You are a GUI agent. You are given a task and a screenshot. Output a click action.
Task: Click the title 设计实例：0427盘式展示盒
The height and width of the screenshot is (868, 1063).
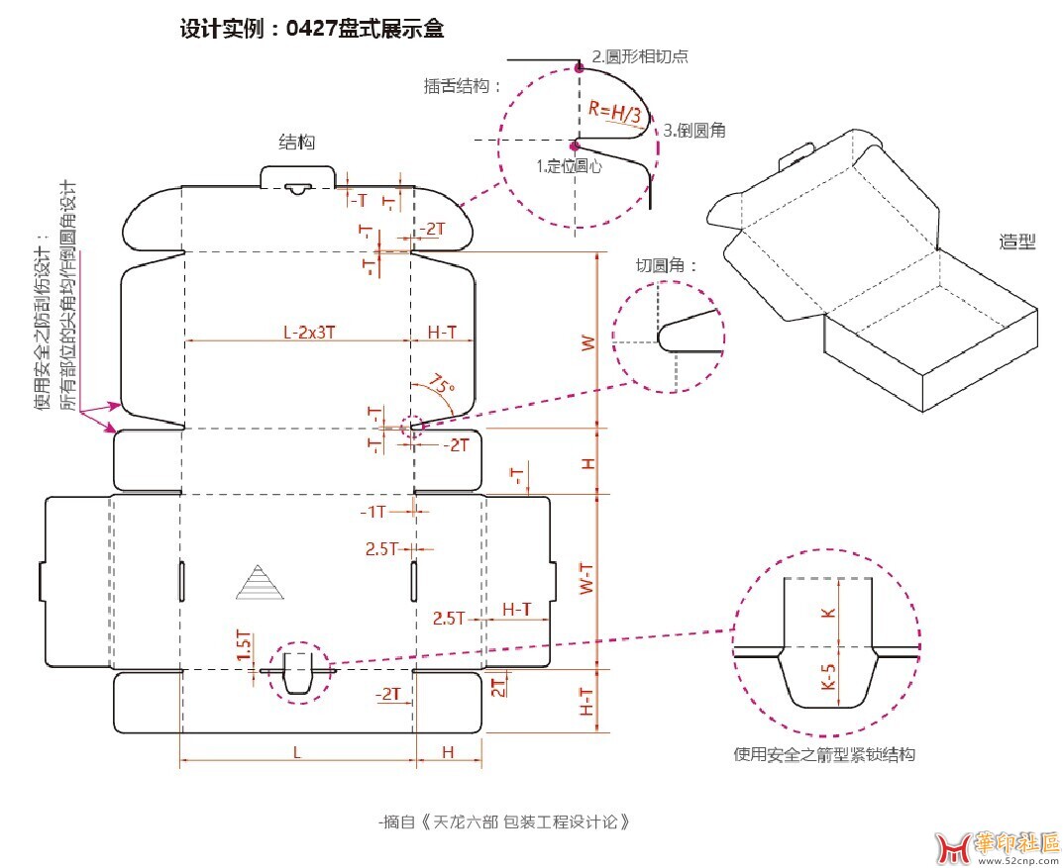coord(311,30)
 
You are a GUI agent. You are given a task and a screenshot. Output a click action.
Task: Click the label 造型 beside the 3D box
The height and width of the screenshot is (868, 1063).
coord(1017,241)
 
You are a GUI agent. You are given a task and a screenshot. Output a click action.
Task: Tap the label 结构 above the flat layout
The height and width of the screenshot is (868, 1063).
coord(296,143)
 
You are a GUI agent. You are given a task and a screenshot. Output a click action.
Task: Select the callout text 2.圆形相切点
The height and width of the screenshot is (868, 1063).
coord(640,56)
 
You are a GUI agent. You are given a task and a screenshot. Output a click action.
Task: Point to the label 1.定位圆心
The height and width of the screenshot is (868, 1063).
coord(569,166)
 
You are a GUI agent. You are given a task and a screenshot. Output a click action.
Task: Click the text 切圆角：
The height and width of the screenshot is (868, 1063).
coord(667,265)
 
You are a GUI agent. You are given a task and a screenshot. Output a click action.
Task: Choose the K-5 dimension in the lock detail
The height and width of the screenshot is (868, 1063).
coord(828,677)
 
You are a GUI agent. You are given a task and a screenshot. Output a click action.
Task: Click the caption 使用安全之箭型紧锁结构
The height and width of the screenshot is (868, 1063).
coord(824,754)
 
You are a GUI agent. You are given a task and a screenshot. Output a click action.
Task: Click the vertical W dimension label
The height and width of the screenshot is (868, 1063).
coord(588,343)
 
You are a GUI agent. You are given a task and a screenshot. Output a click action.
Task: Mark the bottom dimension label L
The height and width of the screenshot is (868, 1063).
coord(296,752)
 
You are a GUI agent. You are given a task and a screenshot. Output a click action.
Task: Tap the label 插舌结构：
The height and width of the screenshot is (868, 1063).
coord(463,86)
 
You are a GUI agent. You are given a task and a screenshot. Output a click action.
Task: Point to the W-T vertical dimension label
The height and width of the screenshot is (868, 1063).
coord(588,580)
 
